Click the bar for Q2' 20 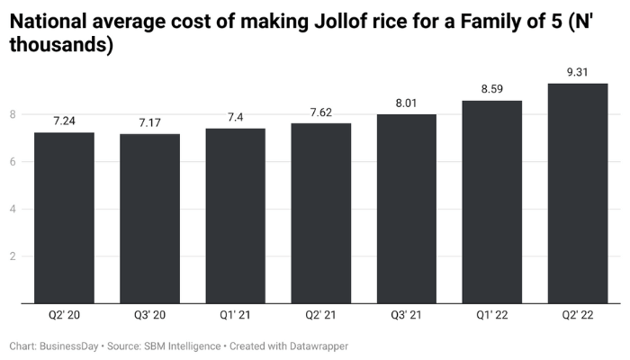(64, 218)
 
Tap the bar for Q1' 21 (235, 216)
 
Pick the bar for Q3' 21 (407, 209)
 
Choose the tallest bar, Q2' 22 (578, 193)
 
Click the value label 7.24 (64, 120)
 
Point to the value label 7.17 (149, 121)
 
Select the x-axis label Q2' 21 (321, 317)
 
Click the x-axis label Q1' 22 (492, 317)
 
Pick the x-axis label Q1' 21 (235, 317)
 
